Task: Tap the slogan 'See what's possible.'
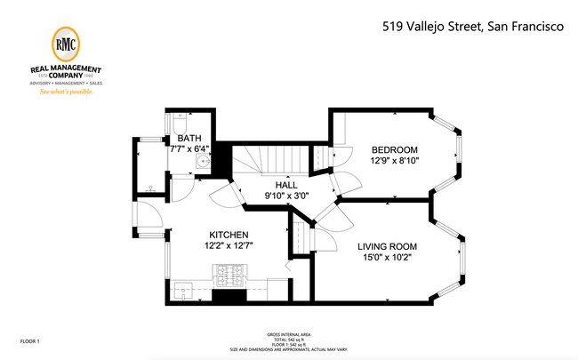pyautogui.click(x=68, y=91)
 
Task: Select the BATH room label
pyautogui.click(x=189, y=139)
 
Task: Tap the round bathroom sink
pyautogui.click(x=203, y=161)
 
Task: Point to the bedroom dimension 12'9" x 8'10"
pyautogui.click(x=394, y=160)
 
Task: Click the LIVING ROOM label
pyautogui.click(x=387, y=246)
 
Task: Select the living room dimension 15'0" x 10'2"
pyautogui.click(x=387, y=258)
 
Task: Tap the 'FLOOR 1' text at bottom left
pyautogui.click(x=30, y=340)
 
